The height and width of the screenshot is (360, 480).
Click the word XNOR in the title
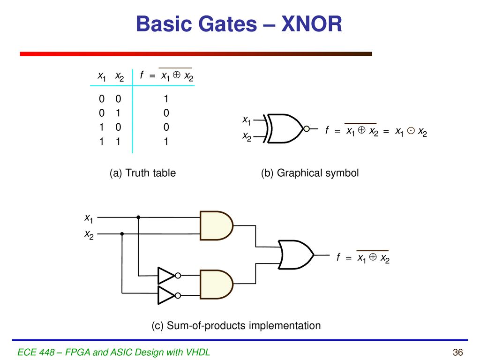click(311, 24)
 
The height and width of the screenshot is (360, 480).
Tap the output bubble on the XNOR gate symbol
click(307, 129)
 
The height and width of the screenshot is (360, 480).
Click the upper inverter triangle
click(166, 276)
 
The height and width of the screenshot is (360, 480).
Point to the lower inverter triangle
click(166, 295)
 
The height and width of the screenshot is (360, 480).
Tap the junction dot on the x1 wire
click(138, 217)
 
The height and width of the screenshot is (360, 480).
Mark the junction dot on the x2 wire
click(122, 234)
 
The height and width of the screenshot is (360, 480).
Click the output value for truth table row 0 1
click(166, 113)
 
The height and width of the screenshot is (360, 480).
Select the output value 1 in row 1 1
click(166, 142)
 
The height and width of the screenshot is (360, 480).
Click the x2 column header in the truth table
click(120, 76)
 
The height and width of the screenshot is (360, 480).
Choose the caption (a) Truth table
click(142, 173)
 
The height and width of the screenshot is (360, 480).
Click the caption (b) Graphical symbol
click(310, 173)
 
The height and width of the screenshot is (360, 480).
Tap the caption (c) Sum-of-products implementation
click(236, 325)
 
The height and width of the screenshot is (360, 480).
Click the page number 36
click(457, 352)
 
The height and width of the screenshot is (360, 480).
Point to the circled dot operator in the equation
click(411, 131)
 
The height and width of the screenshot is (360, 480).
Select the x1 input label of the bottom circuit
click(89, 218)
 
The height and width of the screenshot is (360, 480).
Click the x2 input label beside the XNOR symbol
click(247, 136)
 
